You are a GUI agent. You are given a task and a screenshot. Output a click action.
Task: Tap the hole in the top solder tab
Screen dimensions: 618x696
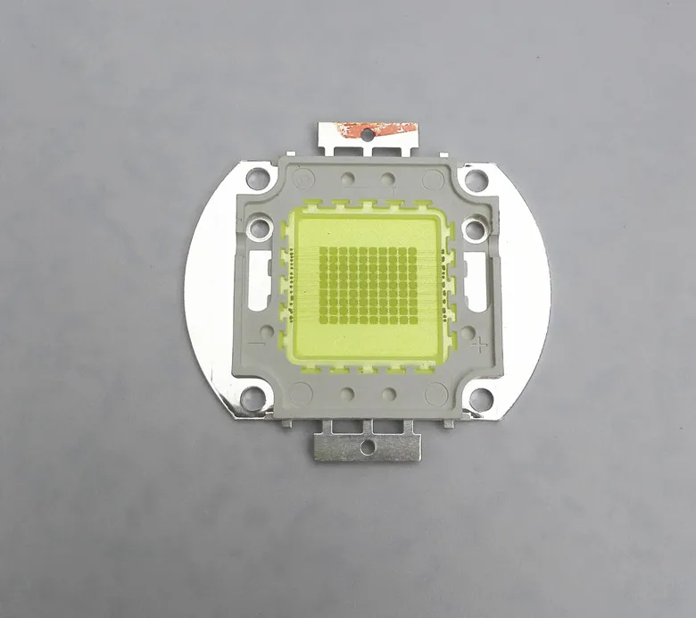click(367, 135)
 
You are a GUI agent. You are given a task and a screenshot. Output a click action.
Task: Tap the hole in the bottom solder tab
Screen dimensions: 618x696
click(365, 443)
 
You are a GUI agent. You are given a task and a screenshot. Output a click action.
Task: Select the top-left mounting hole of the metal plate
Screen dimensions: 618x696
click(258, 179)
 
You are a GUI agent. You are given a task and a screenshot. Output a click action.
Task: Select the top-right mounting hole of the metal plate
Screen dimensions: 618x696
click(476, 180)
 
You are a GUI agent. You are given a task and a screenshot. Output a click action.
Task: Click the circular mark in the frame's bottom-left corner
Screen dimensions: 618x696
click(300, 392)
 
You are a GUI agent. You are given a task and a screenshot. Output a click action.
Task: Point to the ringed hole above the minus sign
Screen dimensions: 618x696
click(259, 229)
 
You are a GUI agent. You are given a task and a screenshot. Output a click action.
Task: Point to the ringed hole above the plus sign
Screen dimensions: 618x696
click(477, 230)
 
